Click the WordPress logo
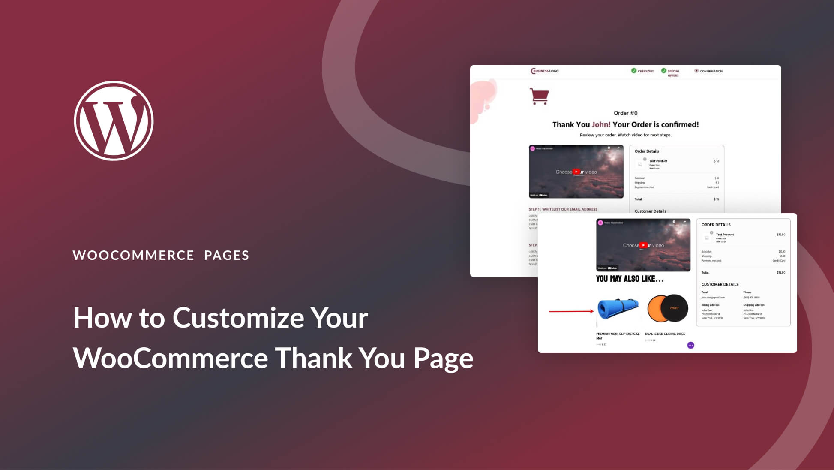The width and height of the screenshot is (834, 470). [114, 121]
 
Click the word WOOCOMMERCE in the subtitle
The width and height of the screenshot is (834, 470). [133, 255]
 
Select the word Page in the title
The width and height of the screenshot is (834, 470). [443, 358]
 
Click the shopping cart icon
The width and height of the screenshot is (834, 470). [539, 96]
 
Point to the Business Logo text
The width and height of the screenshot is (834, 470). [545, 71]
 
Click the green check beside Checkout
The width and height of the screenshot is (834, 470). [633, 71]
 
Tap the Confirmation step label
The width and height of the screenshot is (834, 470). [711, 71]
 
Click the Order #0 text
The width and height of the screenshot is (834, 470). [625, 113]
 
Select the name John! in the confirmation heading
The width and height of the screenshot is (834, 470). [601, 125]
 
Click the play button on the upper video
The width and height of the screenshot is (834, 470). [576, 172]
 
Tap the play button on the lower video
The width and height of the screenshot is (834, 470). [643, 245]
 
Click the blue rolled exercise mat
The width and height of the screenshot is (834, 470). [618, 309]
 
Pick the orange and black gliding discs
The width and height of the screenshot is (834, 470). [667, 308]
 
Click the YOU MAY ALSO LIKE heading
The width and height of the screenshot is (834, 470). [630, 279]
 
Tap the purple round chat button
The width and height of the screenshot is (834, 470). [690, 345]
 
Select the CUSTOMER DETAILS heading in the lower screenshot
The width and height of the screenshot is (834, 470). [720, 284]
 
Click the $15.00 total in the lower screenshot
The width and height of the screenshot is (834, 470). [781, 273]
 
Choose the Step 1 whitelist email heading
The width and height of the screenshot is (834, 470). [563, 209]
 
